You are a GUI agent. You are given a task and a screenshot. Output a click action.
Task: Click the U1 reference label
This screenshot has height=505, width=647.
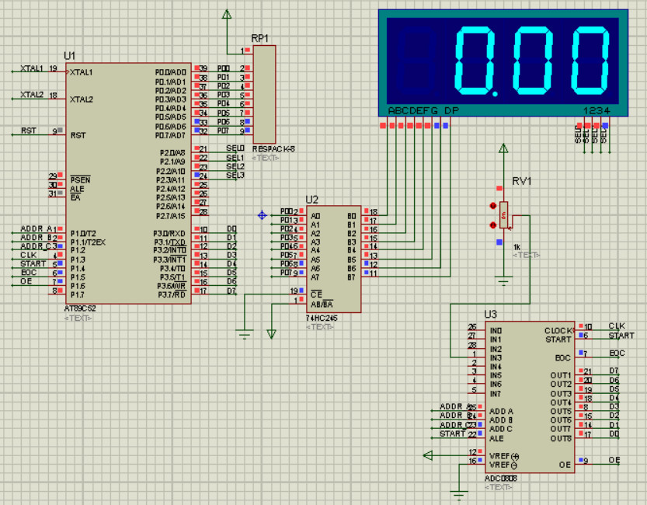point(70,56)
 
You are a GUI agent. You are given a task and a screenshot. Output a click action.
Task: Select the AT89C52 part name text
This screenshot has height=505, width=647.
point(81,308)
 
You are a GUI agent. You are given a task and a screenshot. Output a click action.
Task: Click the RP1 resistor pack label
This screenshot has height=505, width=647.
point(259,38)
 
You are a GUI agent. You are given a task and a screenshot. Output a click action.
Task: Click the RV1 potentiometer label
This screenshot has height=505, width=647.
point(521,182)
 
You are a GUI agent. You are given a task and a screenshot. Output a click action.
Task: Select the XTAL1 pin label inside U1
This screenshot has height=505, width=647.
point(82,73)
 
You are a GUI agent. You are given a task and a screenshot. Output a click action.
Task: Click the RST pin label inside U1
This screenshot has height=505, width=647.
point(78,135)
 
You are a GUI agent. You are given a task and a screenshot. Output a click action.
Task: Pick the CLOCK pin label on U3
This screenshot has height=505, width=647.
point(558,330)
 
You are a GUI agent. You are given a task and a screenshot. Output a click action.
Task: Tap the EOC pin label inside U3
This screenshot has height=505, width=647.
point(563,357)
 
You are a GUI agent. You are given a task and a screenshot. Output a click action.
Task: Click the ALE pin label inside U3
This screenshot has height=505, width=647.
point(497,438)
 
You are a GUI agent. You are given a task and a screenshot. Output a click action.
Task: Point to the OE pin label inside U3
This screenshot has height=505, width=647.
point(565,465)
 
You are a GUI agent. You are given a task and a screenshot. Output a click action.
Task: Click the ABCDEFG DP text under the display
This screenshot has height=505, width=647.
point(423,111)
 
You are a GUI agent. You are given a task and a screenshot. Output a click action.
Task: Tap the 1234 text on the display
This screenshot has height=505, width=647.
point(597,111)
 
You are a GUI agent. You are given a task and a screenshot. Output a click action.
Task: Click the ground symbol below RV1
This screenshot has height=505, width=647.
point(504,282)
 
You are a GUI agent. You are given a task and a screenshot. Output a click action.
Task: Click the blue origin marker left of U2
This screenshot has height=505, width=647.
point(262,214)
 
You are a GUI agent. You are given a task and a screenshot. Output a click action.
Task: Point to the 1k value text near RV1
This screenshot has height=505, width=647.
point(517,246)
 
